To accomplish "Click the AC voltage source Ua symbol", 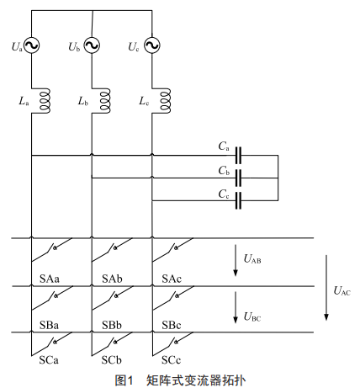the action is [31, 45].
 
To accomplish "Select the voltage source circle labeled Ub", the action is [92, 45].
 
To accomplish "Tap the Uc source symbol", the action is [152, 45].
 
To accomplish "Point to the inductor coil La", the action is [45, 101].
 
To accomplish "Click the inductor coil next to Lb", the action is [105, 101].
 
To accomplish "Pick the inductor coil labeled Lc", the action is [165, 101].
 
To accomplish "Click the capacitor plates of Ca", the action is [238, 155].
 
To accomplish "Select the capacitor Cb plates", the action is [238, 178].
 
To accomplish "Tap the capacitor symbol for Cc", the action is [238, 200].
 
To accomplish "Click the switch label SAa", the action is [50, 279].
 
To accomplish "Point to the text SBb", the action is [112, 325].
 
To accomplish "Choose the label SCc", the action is [172, 360].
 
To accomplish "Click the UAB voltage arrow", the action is [236, 260].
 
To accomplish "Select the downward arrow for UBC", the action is [236, 307].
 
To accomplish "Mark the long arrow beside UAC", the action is [326, 288].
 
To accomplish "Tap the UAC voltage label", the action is [342, 291].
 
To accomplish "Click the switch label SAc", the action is [172, 279].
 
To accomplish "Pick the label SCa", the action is [49, 360].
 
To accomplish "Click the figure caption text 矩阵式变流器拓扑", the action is [196, 380].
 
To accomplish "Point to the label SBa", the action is [49, 325].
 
